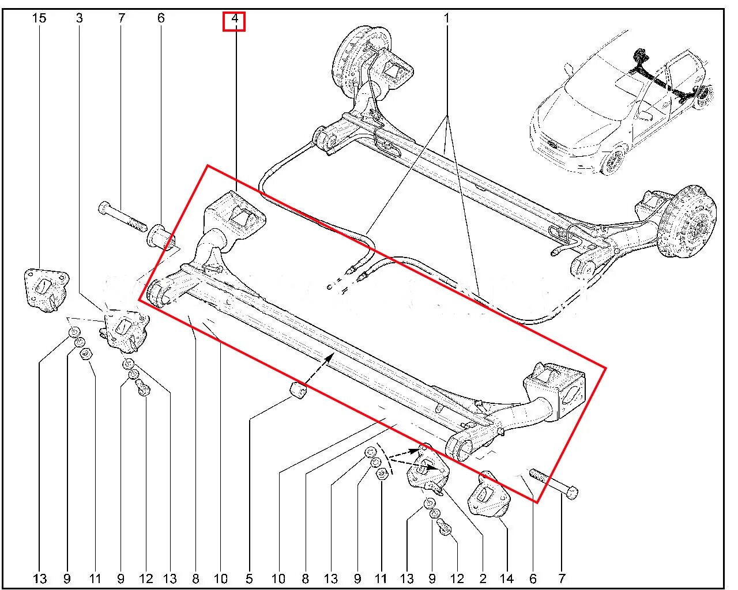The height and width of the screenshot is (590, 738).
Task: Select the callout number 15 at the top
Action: click(39, 18)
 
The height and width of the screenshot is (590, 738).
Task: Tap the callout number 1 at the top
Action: click(446, 18)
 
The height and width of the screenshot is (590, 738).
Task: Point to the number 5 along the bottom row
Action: click(250, 578)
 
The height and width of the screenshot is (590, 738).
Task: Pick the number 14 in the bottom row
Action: click(507, 578)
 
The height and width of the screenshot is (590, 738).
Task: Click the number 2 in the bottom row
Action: click(483, 578)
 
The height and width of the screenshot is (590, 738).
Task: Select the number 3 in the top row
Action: click(79, 18)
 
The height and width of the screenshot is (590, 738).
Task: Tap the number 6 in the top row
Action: click(161, 18)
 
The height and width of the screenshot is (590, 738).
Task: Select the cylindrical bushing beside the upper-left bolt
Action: click(161, 237)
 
